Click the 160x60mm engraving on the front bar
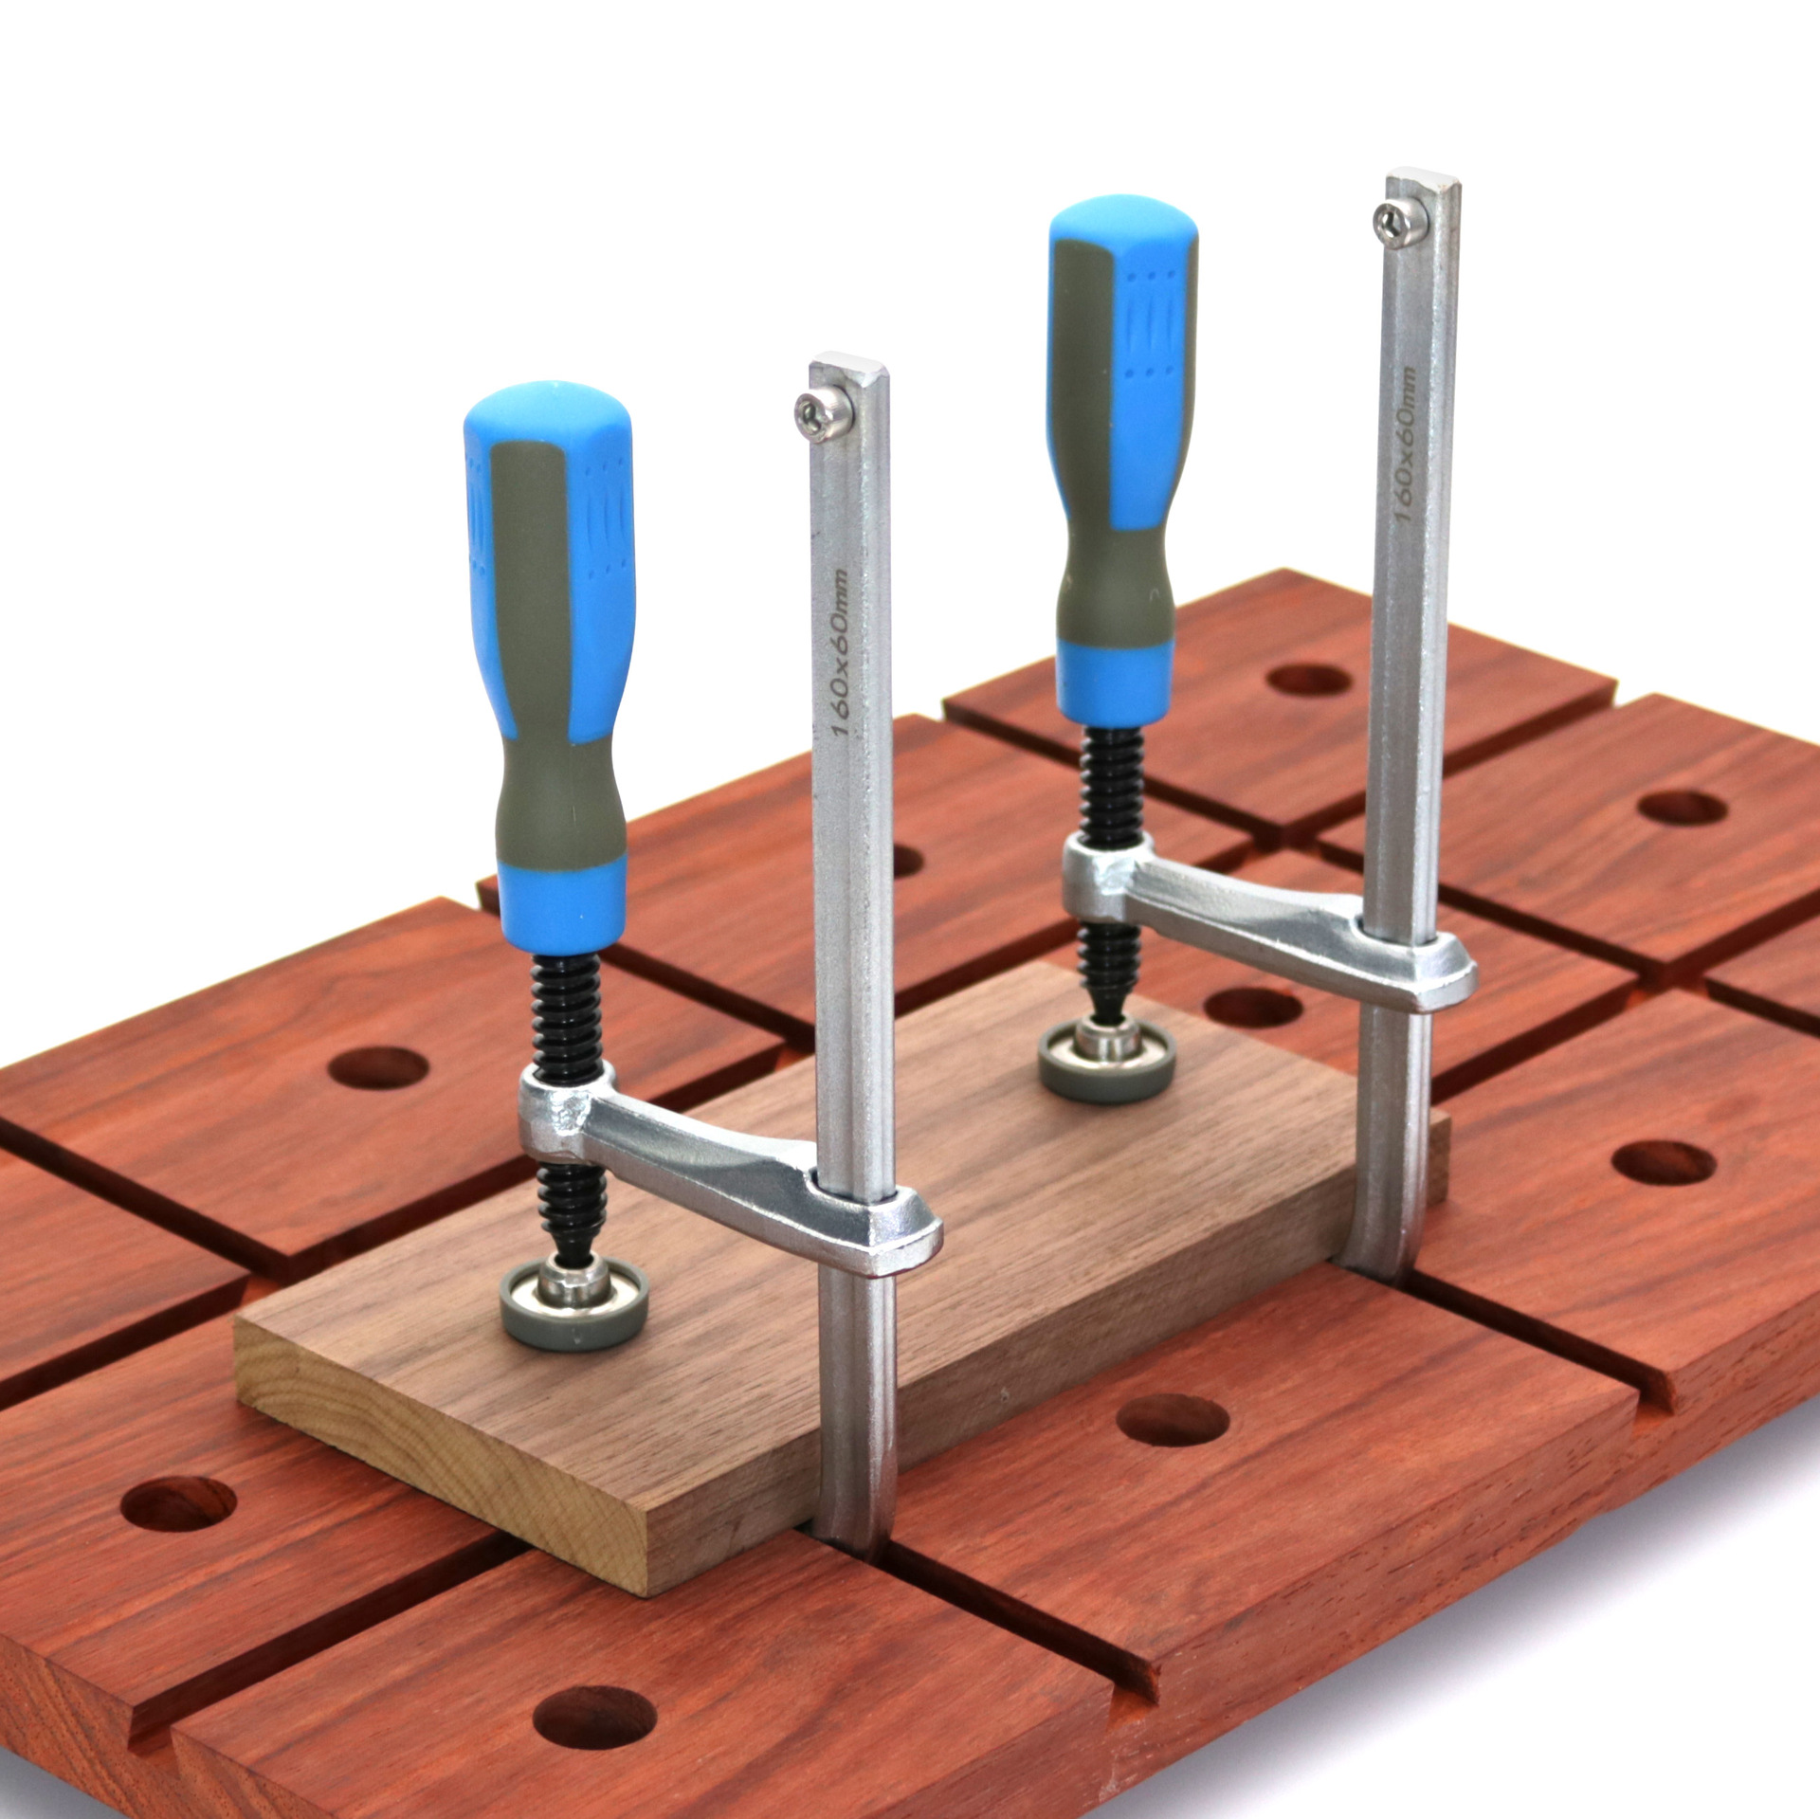point(840,654)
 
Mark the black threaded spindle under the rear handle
point(1113,787)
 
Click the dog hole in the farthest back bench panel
point(1309,680)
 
